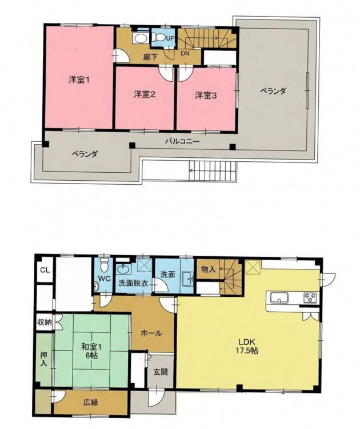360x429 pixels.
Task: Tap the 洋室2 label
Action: (145, 94)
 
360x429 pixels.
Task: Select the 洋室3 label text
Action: (206, 96)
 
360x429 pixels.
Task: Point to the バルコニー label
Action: (182, 141)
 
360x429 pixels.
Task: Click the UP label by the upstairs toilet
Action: (169, 38)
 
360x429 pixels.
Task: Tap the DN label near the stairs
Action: (185, 53)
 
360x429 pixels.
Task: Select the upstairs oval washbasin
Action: (141, 38)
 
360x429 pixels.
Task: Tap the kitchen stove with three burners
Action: (310, 297)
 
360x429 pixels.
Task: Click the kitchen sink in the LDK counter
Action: (279, 297)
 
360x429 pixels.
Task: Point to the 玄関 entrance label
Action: (161, 372)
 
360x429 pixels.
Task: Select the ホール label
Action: (151, 333)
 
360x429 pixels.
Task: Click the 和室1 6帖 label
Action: (91, 351)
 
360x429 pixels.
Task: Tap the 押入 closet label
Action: (44, 359)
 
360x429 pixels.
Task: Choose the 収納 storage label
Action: (45, 322)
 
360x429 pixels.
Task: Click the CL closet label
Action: (45, 270)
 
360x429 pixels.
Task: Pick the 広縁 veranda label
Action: (91, 402)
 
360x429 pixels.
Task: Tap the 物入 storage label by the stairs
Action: (209, 269)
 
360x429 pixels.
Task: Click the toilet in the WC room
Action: (104, 264)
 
